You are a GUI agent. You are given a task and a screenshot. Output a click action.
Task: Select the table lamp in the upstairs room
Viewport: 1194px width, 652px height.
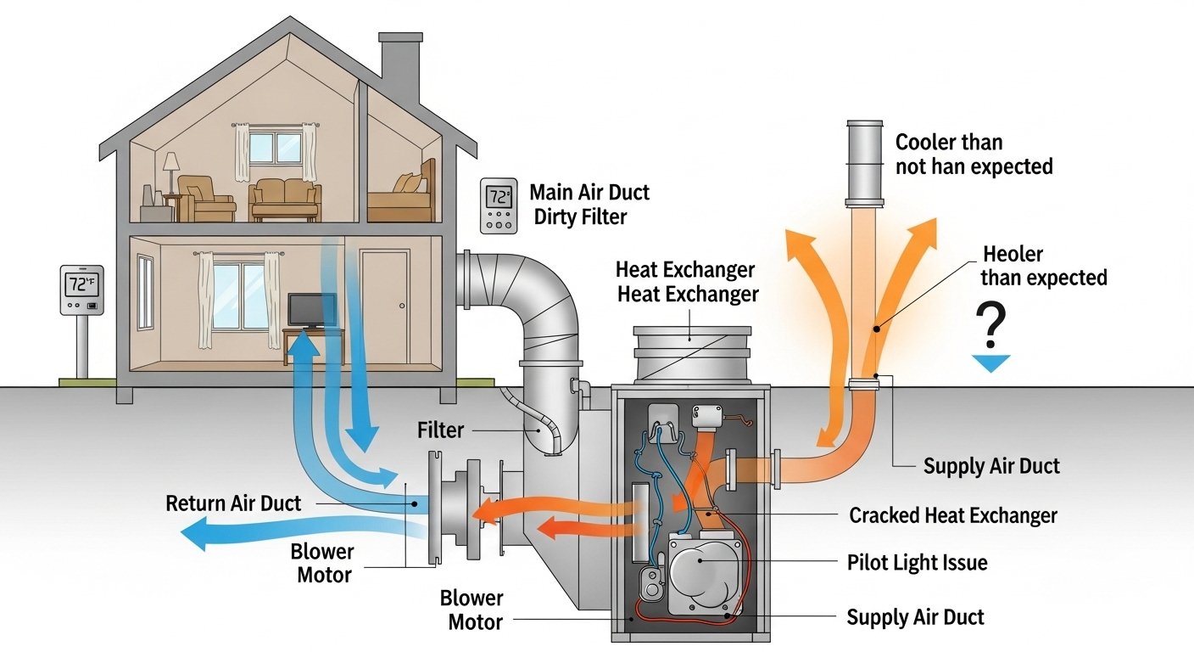point(171,170)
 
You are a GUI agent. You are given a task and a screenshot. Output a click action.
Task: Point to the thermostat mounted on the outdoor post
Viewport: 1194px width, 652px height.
point(81,290)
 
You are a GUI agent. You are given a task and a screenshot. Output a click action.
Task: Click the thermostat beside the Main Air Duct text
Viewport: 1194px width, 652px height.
point(497,205)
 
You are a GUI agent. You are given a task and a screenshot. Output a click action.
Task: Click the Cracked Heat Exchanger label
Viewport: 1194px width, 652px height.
point(952,515)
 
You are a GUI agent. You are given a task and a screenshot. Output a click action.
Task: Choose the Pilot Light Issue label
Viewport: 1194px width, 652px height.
point(917,563)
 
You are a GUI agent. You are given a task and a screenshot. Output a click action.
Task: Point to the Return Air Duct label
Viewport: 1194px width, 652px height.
point(232,503)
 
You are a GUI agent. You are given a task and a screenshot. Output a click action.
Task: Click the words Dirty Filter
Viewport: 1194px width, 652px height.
point(580,216)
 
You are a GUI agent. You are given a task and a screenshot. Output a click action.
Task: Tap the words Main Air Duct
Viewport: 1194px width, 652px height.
point(589,192)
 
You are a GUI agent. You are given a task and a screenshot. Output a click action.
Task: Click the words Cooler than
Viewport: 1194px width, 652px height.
point(948,142)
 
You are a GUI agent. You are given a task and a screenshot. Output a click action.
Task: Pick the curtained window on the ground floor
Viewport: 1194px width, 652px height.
point(238,296)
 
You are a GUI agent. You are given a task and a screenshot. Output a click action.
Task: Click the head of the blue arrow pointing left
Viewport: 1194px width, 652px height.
point(197,538)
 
